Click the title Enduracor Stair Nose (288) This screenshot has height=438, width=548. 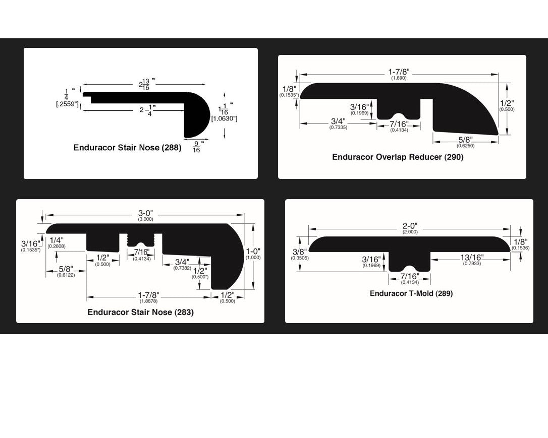click(x=127, y=148)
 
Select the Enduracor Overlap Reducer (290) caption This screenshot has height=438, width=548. click(x=398, y=157)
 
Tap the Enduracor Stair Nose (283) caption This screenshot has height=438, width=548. click(x=140, y=312)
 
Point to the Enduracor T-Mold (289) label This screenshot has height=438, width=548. click(x=411, y=293)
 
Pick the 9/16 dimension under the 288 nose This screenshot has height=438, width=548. click(x=196, y=147)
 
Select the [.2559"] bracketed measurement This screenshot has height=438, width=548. click(x=67, y=104)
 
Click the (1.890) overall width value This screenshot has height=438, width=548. click(x=399, y=78)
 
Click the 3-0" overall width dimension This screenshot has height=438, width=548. click(x=145, y=213)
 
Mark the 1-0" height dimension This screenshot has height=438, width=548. click(x=253, y=251)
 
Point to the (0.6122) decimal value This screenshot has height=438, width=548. click(x=66, y=275)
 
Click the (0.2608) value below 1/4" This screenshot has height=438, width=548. click(x=56, y=246)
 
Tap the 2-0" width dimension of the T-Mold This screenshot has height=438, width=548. click(x=410, y=226)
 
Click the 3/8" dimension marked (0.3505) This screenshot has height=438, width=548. click(x=299, y=252)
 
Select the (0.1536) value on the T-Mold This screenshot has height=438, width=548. click(x=520, y=247)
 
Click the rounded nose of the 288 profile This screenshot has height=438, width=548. click(x=199, y=115)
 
